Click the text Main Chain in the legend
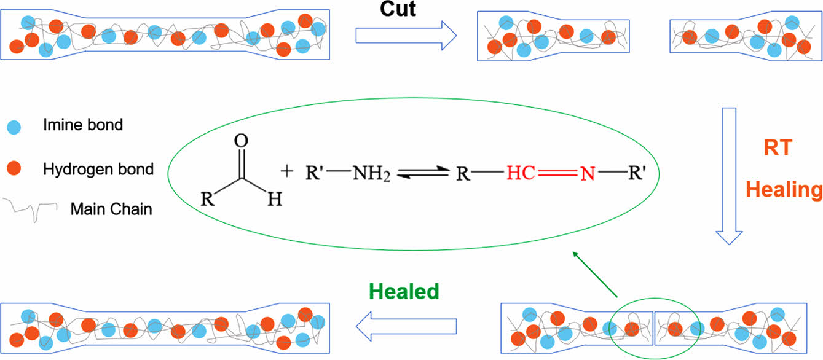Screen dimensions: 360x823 pos(111,209)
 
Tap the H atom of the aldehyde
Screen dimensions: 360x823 pos(275,200)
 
